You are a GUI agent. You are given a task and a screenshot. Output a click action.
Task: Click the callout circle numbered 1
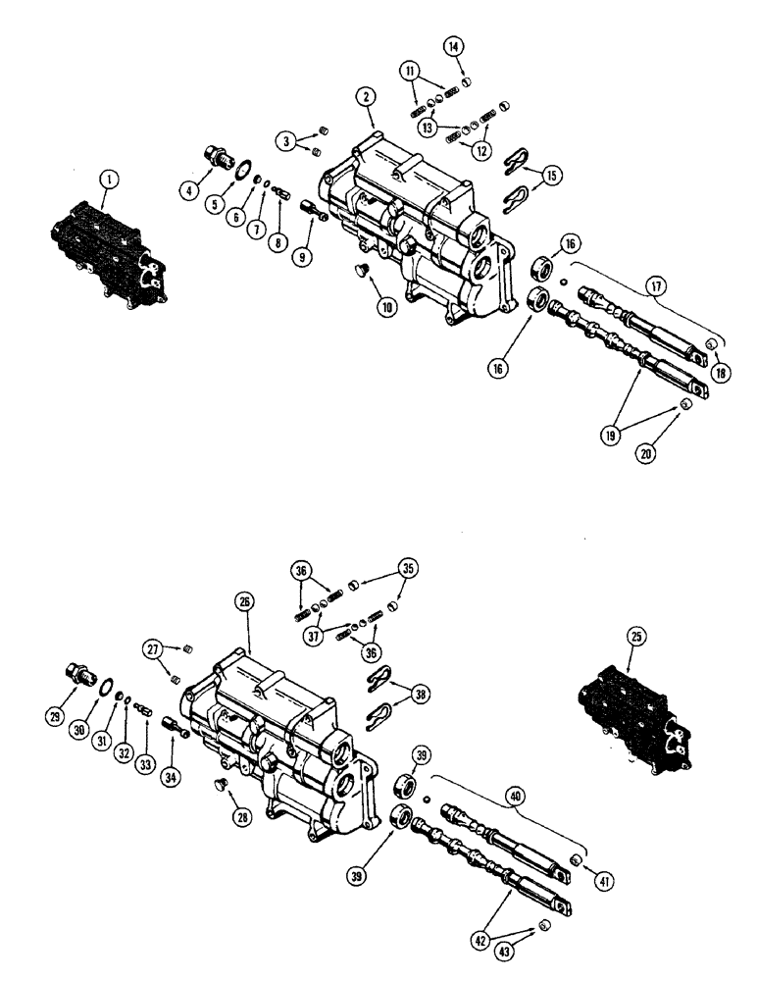pyautogui.click(x=109, y=180)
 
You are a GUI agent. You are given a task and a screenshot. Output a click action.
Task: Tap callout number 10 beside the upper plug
pyautogui.click(x=387, y=307)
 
